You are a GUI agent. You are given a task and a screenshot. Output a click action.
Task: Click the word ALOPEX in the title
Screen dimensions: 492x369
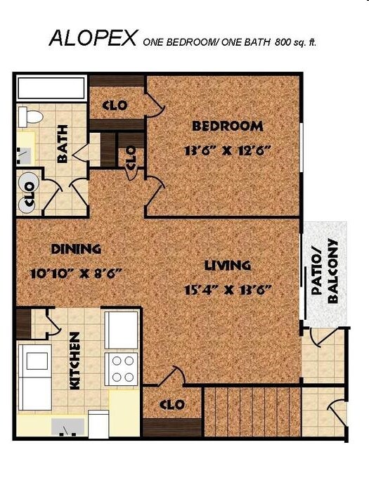(93, 38)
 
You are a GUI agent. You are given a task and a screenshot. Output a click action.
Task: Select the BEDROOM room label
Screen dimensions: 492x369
(228, 127)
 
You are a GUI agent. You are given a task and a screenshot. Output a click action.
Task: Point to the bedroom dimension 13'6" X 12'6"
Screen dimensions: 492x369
(227, 150)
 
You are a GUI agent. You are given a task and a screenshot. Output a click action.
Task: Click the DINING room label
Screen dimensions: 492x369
(76, 249)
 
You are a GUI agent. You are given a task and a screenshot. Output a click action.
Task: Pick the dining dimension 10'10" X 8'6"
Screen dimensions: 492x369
(77, 273)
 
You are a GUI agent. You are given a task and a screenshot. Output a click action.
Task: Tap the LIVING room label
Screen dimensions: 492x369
(228, 266)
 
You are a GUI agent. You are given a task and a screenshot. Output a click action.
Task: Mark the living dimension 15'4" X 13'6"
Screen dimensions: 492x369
(228, 289)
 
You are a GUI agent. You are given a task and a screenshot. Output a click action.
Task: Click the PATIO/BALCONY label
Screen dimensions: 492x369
(325, 271)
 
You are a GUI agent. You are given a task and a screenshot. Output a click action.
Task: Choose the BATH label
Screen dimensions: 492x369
(63, 144)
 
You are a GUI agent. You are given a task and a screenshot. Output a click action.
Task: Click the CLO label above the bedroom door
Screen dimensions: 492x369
(115, 105)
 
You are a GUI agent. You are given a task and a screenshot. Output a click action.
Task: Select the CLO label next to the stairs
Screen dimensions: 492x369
(171, 405)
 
